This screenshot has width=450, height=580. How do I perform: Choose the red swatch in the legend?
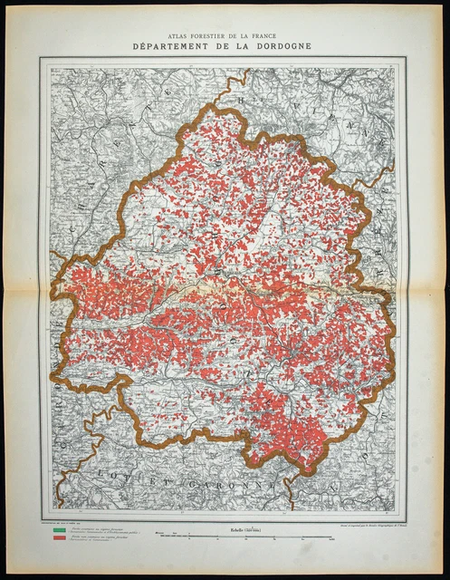pyautogui.click(x=53, y=538)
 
